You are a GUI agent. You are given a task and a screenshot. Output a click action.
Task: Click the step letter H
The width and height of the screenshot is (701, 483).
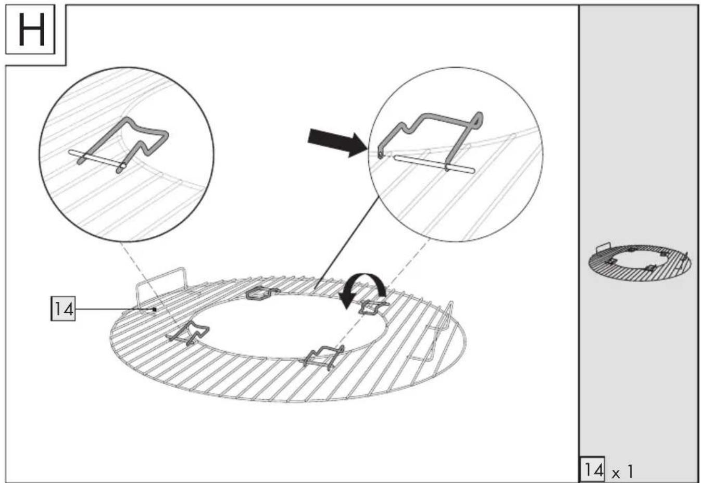click(31, 29)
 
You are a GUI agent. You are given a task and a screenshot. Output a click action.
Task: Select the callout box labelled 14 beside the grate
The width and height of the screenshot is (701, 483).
click(63, 309)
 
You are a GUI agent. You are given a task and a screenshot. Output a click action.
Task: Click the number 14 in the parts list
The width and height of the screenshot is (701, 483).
click(593, 469)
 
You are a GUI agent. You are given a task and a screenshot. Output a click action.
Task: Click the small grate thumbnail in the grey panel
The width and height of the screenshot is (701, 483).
click(640, 262)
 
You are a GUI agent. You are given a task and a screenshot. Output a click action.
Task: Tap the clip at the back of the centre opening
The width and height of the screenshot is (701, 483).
click(261, 293)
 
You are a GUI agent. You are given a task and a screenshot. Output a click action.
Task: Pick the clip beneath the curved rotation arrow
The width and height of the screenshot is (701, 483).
click(373, 307)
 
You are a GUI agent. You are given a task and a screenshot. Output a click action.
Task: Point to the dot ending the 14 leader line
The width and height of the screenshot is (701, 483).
click(155, 309)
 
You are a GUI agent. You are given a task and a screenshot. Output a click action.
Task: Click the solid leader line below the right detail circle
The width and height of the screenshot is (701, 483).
click(347, 242)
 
